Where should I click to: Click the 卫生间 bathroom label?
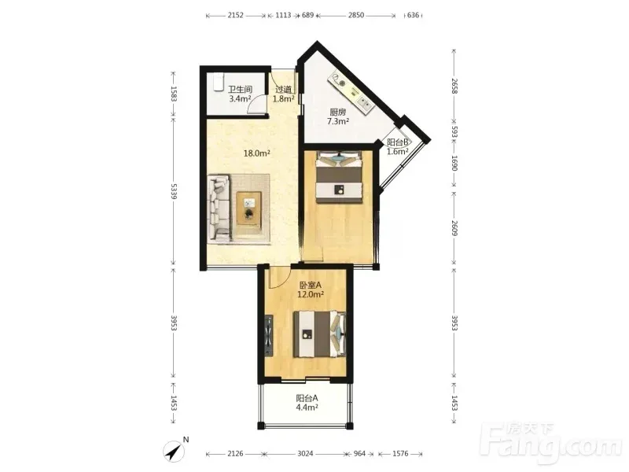point(240,90)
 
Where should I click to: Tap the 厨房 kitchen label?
point(338,112)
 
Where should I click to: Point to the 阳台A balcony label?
point(307,398)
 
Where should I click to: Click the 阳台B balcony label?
point(398,142)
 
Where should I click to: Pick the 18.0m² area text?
point(257,153)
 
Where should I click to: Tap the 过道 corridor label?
point(284,90)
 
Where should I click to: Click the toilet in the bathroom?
point(218,82)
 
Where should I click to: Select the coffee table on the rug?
point(248,208)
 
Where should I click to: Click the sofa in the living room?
point(219,208)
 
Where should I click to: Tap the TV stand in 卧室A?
point(269,336)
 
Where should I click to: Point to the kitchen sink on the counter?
point(365,102)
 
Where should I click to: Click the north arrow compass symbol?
point(174,451)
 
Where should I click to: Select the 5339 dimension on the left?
point(173,192)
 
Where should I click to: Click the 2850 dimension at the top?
point(356,15)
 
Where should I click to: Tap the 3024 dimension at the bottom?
point(305,454)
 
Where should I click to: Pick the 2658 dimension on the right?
point(454,86)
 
